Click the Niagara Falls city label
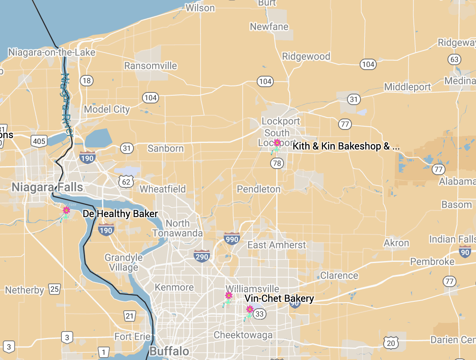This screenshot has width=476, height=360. tap(47, 187)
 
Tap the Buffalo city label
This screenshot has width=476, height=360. tap(169, 351)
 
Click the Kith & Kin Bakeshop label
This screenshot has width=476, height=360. tap(346, 146)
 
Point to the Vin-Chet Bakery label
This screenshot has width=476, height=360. tap(279, 299)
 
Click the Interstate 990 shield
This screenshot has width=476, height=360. tap(232, 239)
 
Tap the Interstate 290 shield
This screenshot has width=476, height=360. tap(202, 257)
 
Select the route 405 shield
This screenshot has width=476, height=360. tap(39, 141)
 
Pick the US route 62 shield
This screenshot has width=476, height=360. tap(127, 181)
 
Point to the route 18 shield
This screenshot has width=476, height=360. tap(86, 81)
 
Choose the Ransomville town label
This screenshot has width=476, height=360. tap(151, 66)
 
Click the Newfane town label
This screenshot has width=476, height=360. tap(269, 27)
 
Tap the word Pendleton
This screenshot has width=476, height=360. tap(259, 189)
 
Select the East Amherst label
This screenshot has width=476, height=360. tap(277, 245)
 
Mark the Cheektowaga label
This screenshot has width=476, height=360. tap(243, 335)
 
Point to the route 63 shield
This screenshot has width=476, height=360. tap(454, 59)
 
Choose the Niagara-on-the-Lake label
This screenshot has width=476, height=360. tap(52, 53)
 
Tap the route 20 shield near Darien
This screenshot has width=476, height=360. tap(391, 343)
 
